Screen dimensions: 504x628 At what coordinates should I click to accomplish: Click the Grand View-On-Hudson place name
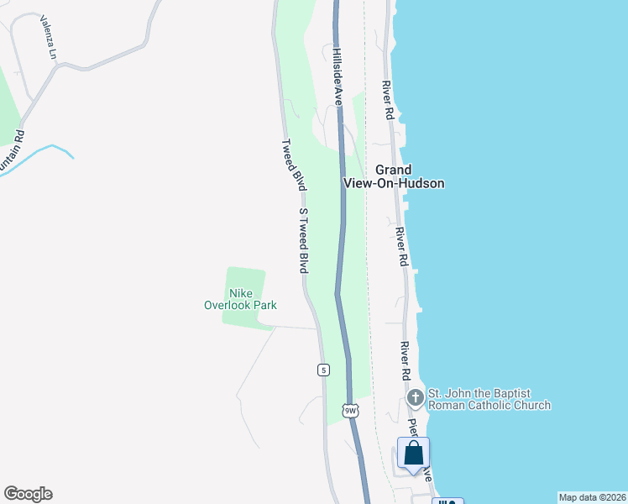coord(393,176)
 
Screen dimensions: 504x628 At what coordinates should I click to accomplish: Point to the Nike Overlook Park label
coord(241,299)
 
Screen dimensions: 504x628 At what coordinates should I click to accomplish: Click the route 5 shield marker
coord(323,370)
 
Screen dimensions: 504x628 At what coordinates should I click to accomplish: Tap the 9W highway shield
coord(350,410)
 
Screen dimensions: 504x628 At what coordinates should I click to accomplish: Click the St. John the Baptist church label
coord(489,398)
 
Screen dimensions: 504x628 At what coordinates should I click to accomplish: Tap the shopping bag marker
coord(413,454)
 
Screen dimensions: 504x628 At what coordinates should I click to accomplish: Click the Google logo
coord(28,494)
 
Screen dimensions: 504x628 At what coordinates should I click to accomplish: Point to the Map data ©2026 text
coord(591,496)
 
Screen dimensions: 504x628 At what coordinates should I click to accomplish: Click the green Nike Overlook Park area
coord(246,279)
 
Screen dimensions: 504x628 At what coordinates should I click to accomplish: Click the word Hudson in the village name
coord(423,183)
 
